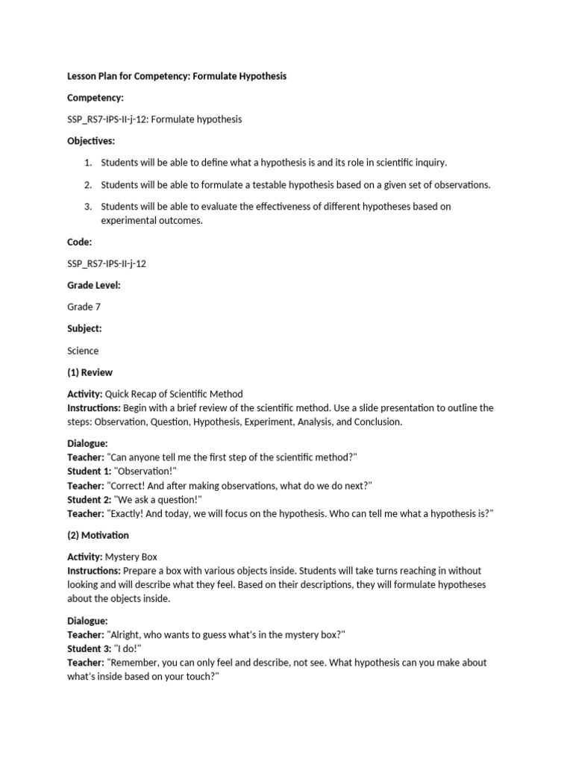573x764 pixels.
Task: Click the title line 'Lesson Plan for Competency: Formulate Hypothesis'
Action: (x=177, y=76)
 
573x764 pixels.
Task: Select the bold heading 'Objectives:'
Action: (x=91, y=140)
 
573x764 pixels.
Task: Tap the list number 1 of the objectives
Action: (x=87, y=162)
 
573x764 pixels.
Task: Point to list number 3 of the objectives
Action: (x=87, y=207)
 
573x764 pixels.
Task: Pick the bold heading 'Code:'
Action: (x=80, y=242)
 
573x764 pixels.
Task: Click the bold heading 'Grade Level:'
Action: (x=94, y=285)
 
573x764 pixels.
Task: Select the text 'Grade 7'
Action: (x=83, y=307)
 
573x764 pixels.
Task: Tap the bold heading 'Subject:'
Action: (x=84, y=328)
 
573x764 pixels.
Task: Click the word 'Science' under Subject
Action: (x=83, y=351)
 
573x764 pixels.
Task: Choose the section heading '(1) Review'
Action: (x=90, y=372)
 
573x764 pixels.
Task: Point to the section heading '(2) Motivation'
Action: (x=98, y=535)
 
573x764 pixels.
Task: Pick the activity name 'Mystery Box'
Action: (x=132, y=557)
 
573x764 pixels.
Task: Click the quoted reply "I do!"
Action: (x=128, y=649)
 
